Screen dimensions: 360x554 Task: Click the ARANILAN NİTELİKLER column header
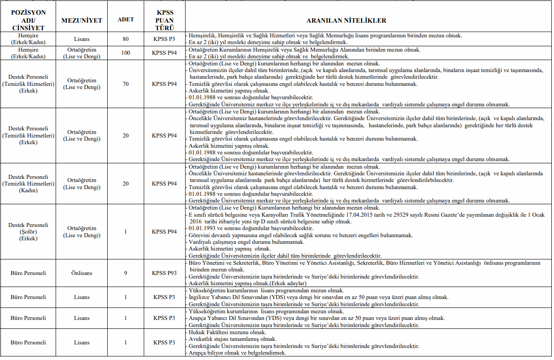coord(346,20)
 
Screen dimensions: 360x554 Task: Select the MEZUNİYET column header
coord(82,20)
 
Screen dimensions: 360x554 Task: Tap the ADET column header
coord(125,20)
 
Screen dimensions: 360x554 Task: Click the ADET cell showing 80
coord(125,39)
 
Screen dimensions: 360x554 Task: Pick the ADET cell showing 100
coord(125,53)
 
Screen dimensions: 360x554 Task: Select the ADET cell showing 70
coord(125,84)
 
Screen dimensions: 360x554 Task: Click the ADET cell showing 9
coord(125,273)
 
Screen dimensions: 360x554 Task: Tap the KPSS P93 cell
coord(164,273)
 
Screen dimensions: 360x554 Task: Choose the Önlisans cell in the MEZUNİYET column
coord(82,273)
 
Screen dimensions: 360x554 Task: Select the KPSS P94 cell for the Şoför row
coord(164,232)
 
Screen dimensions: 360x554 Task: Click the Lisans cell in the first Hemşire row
coord(82,39)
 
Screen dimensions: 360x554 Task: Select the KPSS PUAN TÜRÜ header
coord(164,20)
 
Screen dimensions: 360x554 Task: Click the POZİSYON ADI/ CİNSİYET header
coord(28,20)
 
